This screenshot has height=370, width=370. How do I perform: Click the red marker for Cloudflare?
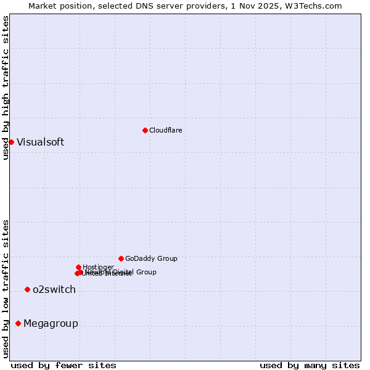pyautogui.click(x=145, y=130)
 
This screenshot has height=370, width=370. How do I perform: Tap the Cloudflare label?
pyautogui.click(x=165, y=130)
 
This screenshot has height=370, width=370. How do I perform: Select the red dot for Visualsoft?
pyautogui.click(x=11, y=142)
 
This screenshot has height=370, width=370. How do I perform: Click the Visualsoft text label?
pyautogui.click(x=40, y=142)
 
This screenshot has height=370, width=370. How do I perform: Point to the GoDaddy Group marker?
pyautogui.click(x=121, y=258)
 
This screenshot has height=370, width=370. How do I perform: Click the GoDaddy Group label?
pyautogui.click(x=151, y=258)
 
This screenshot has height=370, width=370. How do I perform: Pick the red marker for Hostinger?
pyautogui.click(x=78, y=267)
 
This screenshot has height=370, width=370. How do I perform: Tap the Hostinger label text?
pyautogui.click(x=98, y=267)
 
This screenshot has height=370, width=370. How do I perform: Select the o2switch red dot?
pyautogui.click(x=27, y=289)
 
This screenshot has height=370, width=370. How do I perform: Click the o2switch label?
pyautogui.click(x=54, y=290)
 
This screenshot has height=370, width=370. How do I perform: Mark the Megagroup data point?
pyautogui.click(x=18, y=323)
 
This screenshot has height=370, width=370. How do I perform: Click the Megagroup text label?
pyautogui.click(x=51, y=323)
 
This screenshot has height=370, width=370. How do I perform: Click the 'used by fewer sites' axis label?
pyautogui.click(x=64, y=365)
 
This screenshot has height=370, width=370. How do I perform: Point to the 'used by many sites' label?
pyautogui.click(x=310, y=365)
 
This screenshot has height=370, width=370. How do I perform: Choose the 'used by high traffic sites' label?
pyautogui.click(x=6, y=88)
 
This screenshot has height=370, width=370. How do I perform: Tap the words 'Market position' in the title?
pyautogui.click(x=57, y=6)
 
